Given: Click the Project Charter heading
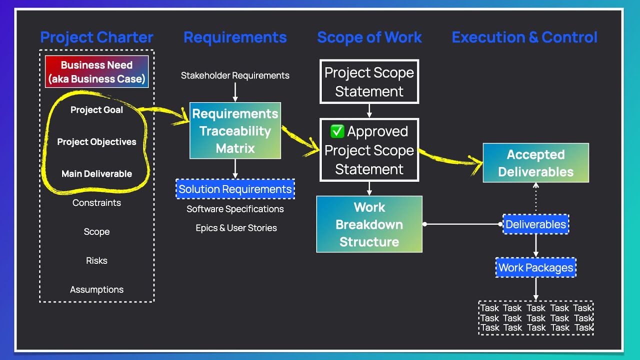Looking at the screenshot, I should (96, 37).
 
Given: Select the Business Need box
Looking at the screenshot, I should (96, 71).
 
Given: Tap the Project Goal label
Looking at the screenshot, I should (96, 110).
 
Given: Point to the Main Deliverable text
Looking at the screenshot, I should (96, 174).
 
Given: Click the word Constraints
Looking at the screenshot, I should (96, 203).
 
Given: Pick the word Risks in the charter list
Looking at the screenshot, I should (96, 261).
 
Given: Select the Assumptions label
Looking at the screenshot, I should (96, 290).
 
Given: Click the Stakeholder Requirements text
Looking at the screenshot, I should (235, 76).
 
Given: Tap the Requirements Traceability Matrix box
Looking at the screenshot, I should (235, 131).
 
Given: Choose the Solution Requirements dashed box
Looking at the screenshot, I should (235, 189).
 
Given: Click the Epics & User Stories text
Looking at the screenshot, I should (236, 228).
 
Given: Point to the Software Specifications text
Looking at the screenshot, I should (235, 209).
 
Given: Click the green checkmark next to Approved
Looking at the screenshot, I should (337, 131).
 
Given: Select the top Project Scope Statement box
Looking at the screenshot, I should (369, 81).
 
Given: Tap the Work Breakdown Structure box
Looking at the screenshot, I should (369, 224).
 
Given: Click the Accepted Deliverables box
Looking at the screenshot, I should (535, 163).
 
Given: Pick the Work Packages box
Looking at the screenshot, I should (535, 268).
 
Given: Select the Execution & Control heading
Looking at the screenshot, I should (524, 37).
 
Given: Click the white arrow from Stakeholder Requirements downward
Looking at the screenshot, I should (235, 92).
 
